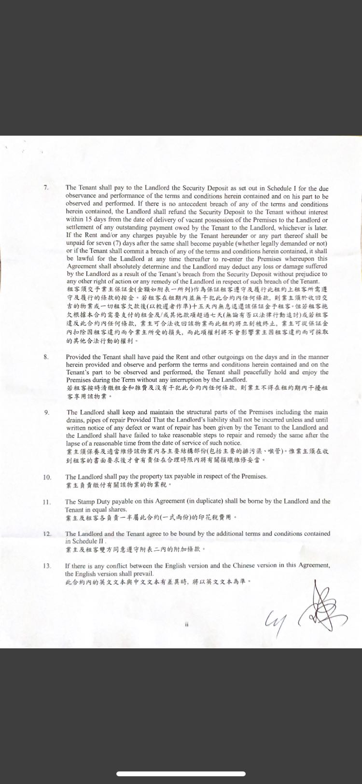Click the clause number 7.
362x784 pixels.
click(x=46, y=187)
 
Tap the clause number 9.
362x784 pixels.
click(x=47, y=412)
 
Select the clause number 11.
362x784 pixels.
click(x=47, y=502)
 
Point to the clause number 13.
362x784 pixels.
click(x=47, y=566)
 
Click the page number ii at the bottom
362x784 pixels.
click(x=186, y=624)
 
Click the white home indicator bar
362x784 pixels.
click(x=181, y=774)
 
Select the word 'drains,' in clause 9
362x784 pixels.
click(x=74, y=420)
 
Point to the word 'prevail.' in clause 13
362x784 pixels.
click(x=143, y=574)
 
